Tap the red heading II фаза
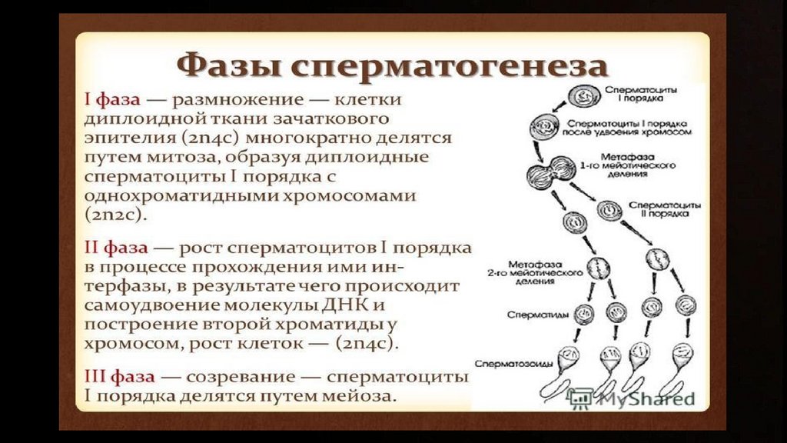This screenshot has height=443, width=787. point(118,249)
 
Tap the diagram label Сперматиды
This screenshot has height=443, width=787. point(529,315)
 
